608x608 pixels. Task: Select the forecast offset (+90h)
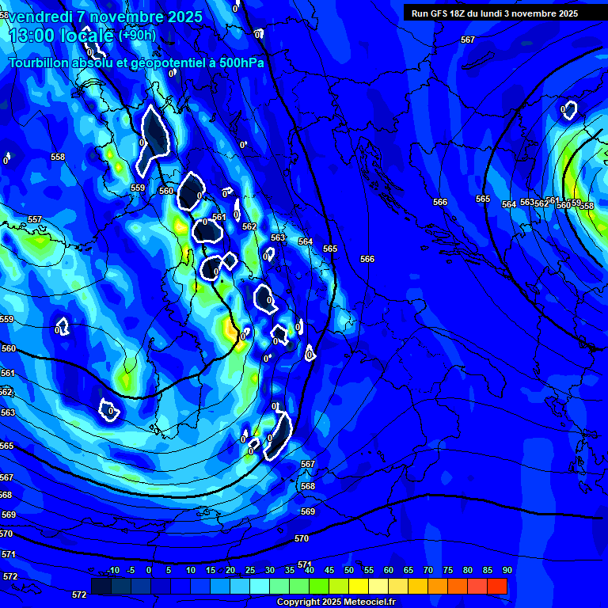(137, 36)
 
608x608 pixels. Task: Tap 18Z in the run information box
(458, 13)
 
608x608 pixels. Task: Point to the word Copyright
(298, 602)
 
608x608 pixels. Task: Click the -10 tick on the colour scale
(113, 571)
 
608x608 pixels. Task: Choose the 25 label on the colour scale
(250, 571)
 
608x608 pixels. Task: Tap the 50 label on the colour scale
(349, 571)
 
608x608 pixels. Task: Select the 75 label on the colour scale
(448, 571)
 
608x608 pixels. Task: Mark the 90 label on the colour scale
(507, 571)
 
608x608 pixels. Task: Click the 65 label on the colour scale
(408, 571)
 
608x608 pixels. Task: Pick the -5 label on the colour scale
(131, 571)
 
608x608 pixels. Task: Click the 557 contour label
(34, 219)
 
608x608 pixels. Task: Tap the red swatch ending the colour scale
(497, 586)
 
